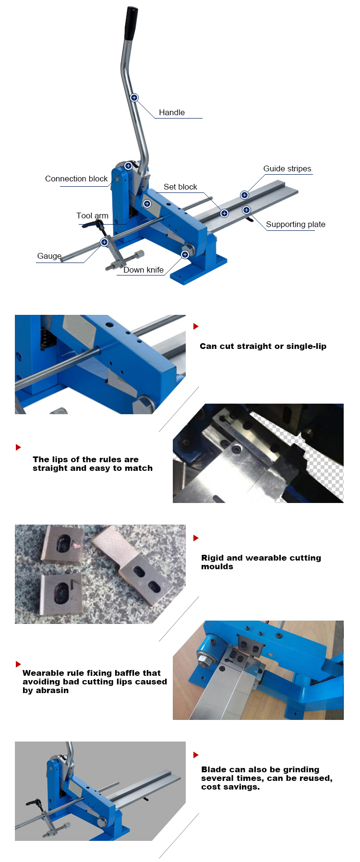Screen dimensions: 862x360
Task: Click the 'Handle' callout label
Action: coord(171,112)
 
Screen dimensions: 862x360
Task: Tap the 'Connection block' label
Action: coord(76,179)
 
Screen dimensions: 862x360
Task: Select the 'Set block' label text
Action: coord(180,187)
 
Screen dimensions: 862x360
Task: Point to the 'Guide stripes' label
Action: coord(287,168)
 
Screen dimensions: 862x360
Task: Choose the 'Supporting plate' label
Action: coord(295,224)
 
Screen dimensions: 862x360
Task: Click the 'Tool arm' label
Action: coord(92,215)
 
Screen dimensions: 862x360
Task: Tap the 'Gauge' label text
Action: coord(49,256)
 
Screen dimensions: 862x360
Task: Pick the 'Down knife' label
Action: coord(143,270)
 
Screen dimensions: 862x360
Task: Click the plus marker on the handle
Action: coord(134,97)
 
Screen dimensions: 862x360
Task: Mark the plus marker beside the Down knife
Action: coord(185,254)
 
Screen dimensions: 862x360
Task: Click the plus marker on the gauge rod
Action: coord(104,242)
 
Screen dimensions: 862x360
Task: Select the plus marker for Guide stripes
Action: coord(244,195)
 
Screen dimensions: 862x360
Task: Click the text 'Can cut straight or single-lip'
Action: coord(263,346)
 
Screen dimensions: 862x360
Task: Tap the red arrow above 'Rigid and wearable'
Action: coord(196,538)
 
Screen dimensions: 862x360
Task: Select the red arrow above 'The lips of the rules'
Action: coord(18,447)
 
